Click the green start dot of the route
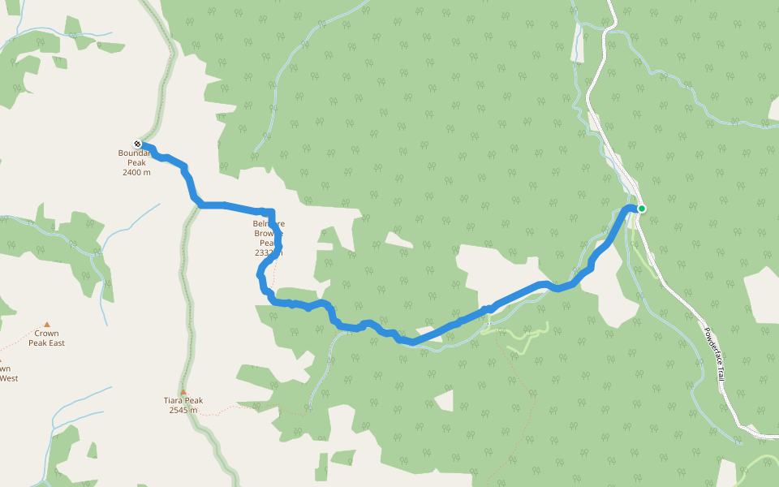tap(641, 209)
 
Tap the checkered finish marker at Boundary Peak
tap(137, 144)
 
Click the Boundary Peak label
tap(136, 162)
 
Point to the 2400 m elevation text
tap(136, 173)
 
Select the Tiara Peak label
tap(183, 400)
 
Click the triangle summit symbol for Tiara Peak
tap(183, 391)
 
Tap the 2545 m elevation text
tap(183, 410)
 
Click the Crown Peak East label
tap(46, 338)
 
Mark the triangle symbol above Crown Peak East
tap(46, 324)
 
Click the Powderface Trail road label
tap(714, 356)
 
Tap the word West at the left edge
tap(8, 378)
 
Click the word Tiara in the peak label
tap(172, 400)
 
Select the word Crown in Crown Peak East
tap(47, 333)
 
